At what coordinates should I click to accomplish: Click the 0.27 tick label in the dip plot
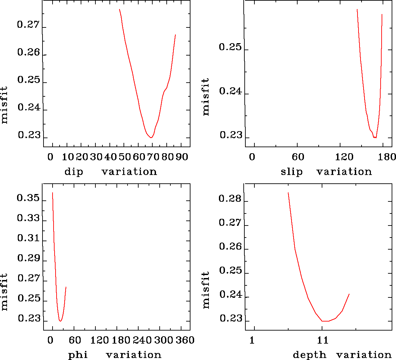pyautogui.click(x=28, y=25)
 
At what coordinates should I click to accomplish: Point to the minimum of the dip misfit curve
pyautogui.click(x=151, y=138)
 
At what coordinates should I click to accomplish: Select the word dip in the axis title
pyautogui.click(x=74, y=172)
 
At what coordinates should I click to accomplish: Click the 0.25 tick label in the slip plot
pyautogui.click(x=230, y=47)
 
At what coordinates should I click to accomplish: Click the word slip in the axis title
pyautogui.click(x=291, y=172)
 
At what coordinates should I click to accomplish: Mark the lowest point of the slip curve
pyautogui.click(x=375, y=138)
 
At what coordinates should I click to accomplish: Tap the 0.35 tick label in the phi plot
pyautogui.click(x=28, y=198)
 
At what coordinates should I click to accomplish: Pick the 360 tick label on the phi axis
pyautogui.click(x=185, y=340)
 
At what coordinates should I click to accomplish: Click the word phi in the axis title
pyautogui.click(x=78, y=355)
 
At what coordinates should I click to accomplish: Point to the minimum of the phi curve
pyautogui.click(x=60, y=321)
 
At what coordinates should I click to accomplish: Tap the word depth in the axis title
pyautogui.click(x=309, y=355)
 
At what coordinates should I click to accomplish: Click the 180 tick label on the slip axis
pyautogui.click(x=388, y=157)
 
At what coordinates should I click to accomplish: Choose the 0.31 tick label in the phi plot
pyautogui.click(x=28, y=239)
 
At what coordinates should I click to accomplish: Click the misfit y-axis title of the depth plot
pyautogui.click(x=206, y=290)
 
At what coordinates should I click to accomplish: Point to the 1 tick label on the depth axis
pyautogui.click(x=252, y=340)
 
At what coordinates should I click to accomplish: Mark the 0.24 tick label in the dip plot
pyautogui.click(x=29, y=108)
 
